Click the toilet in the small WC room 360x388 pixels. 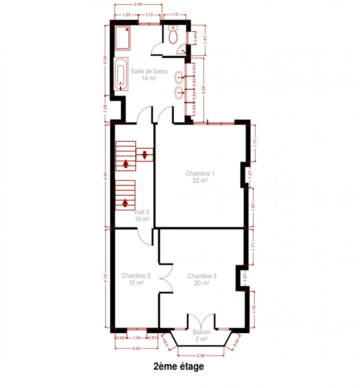pyautogui.click(x=173, y=35)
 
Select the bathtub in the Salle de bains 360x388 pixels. pyautogui.click(x=121, y=74)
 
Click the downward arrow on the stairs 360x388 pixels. pyautogui.click(x=145, y=155)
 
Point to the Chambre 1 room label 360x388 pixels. pyautogui.click(x=200, y=177)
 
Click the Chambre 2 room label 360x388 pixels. pyautogui.click(x=136, y=279)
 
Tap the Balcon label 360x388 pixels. pyautogui.click(x=202, y=335)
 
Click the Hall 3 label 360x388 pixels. pyautogui.click(x=142, y=216)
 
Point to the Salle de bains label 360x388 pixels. pyautogui.click(x=149, y=74)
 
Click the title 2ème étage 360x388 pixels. pyautogui.click(x=179, y=366)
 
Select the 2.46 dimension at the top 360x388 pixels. pyautogui.click(x=138, y=4)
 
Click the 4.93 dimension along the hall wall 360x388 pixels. pyautogui.click(x=105, y=176)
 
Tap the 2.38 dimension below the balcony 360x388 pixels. pyautogui.click(x=201, y=356)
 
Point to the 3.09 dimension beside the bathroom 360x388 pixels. pyautogui.click(x=203, y=90)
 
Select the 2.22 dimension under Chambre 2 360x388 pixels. pyautogui.click(x=136, y=348)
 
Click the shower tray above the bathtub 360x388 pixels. pyautogui.click(x=122, y=38)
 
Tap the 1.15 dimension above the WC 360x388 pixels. pyautogui.click(x=175, y=15)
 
